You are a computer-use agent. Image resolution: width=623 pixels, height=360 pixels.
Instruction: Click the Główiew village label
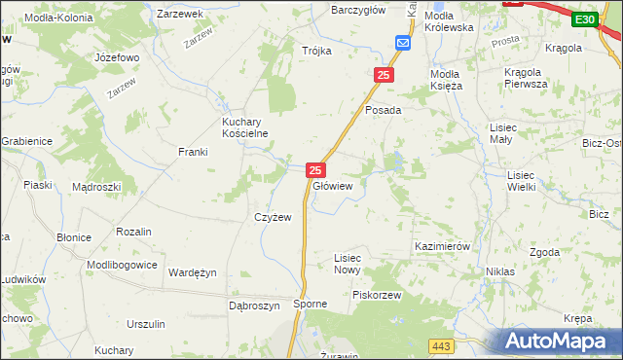pyautogui.click(x=332, y=186)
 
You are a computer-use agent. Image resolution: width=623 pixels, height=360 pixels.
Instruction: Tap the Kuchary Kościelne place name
pyautogui.click(x=244, y=127)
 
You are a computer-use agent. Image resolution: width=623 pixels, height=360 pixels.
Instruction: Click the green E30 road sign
pyautogui.click(x=584, y=19)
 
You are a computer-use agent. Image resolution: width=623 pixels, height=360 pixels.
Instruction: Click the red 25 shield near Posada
pyautogui.click(x=385, y=75)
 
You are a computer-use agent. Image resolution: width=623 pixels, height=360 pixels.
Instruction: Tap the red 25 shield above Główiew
pyautogui.click(x=315, y=169)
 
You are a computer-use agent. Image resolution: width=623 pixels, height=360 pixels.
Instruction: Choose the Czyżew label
pyautogui.click(x=273, y=217)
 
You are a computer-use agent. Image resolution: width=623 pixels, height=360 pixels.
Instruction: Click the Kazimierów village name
pyautogui.click(x=442, y=247)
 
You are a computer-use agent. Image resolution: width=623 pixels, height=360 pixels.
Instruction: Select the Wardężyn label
pyautogui.click(x=192, y=272)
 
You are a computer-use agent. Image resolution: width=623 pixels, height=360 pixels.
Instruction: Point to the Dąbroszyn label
pyautogui.click(x=254, y=305)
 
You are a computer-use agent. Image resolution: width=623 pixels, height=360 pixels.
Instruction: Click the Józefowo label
pyautogui.click(x=117, y=57)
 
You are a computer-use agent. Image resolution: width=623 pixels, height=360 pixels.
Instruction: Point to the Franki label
pyautogui.click(x=193, y=152)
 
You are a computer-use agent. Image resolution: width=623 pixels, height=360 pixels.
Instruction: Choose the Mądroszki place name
pyautogui.click(x=96, y=186)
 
